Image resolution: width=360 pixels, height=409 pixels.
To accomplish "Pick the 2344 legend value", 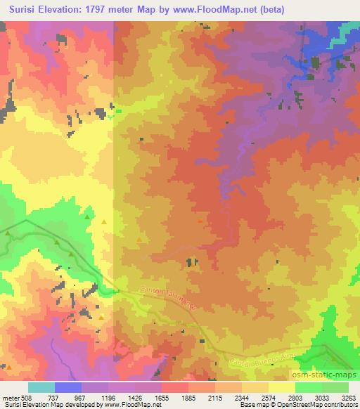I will pos(241,396).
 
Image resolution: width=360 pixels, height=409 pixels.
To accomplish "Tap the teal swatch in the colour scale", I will pos(41,387).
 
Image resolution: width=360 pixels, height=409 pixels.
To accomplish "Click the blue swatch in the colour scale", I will pos(68,387).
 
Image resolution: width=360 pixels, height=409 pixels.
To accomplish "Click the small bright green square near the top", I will pos(118,110).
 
